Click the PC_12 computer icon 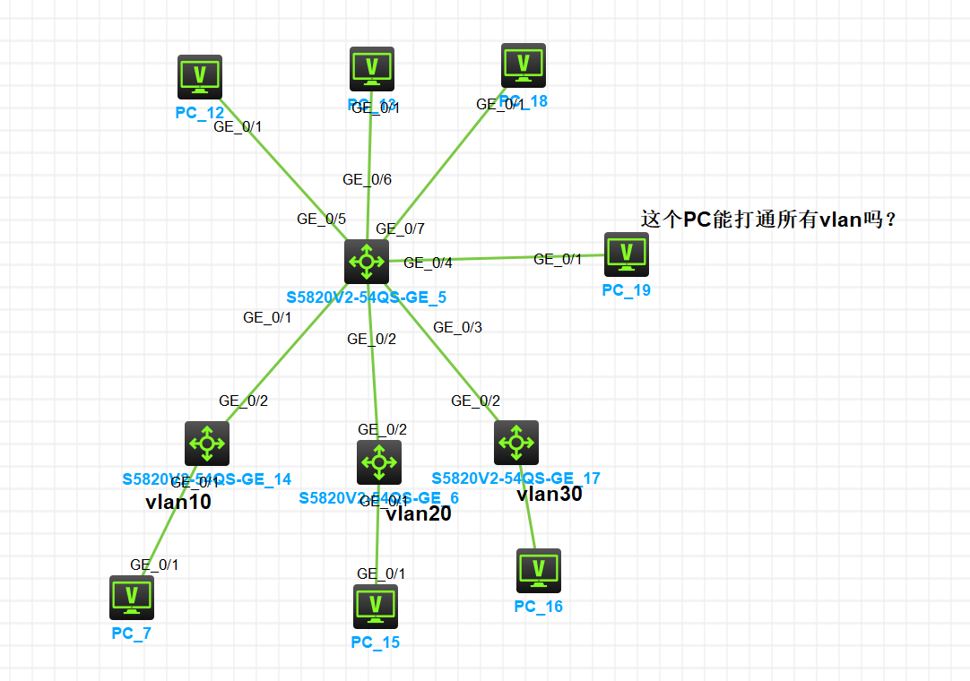point(200,76)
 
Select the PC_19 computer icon point(627,254)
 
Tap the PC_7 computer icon point(132,598)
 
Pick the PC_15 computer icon point(376,607)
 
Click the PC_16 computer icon point(539,571)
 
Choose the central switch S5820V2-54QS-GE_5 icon point(367,262)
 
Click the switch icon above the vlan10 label point(207,444)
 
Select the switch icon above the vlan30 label point(516,443)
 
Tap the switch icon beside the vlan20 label point(379,462)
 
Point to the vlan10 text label point(178,502)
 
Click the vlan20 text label point(419,513)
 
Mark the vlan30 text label point(550,494)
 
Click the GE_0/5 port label point(321,219)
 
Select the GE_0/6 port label point(367,179)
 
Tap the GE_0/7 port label point(400,229)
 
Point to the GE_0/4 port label point(428,263)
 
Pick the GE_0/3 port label point(457,327)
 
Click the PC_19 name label point(626,290)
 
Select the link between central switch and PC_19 point(493,259)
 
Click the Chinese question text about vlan point(768,220)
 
